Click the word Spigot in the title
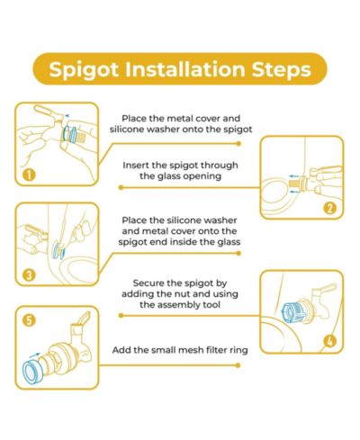click(84, 70)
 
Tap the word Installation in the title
click(185, 68)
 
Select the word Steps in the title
click(281, 70)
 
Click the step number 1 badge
click(29, 175)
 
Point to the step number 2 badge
click(329, 208)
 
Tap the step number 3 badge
click(29, 275)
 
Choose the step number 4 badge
click(330, 341)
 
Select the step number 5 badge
click(29, 320)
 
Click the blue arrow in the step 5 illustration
click(35, 355)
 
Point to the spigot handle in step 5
click(84, 318)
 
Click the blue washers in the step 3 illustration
click(58, 249)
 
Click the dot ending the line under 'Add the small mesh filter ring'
click(238, 365)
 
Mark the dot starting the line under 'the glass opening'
click(121, 188)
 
